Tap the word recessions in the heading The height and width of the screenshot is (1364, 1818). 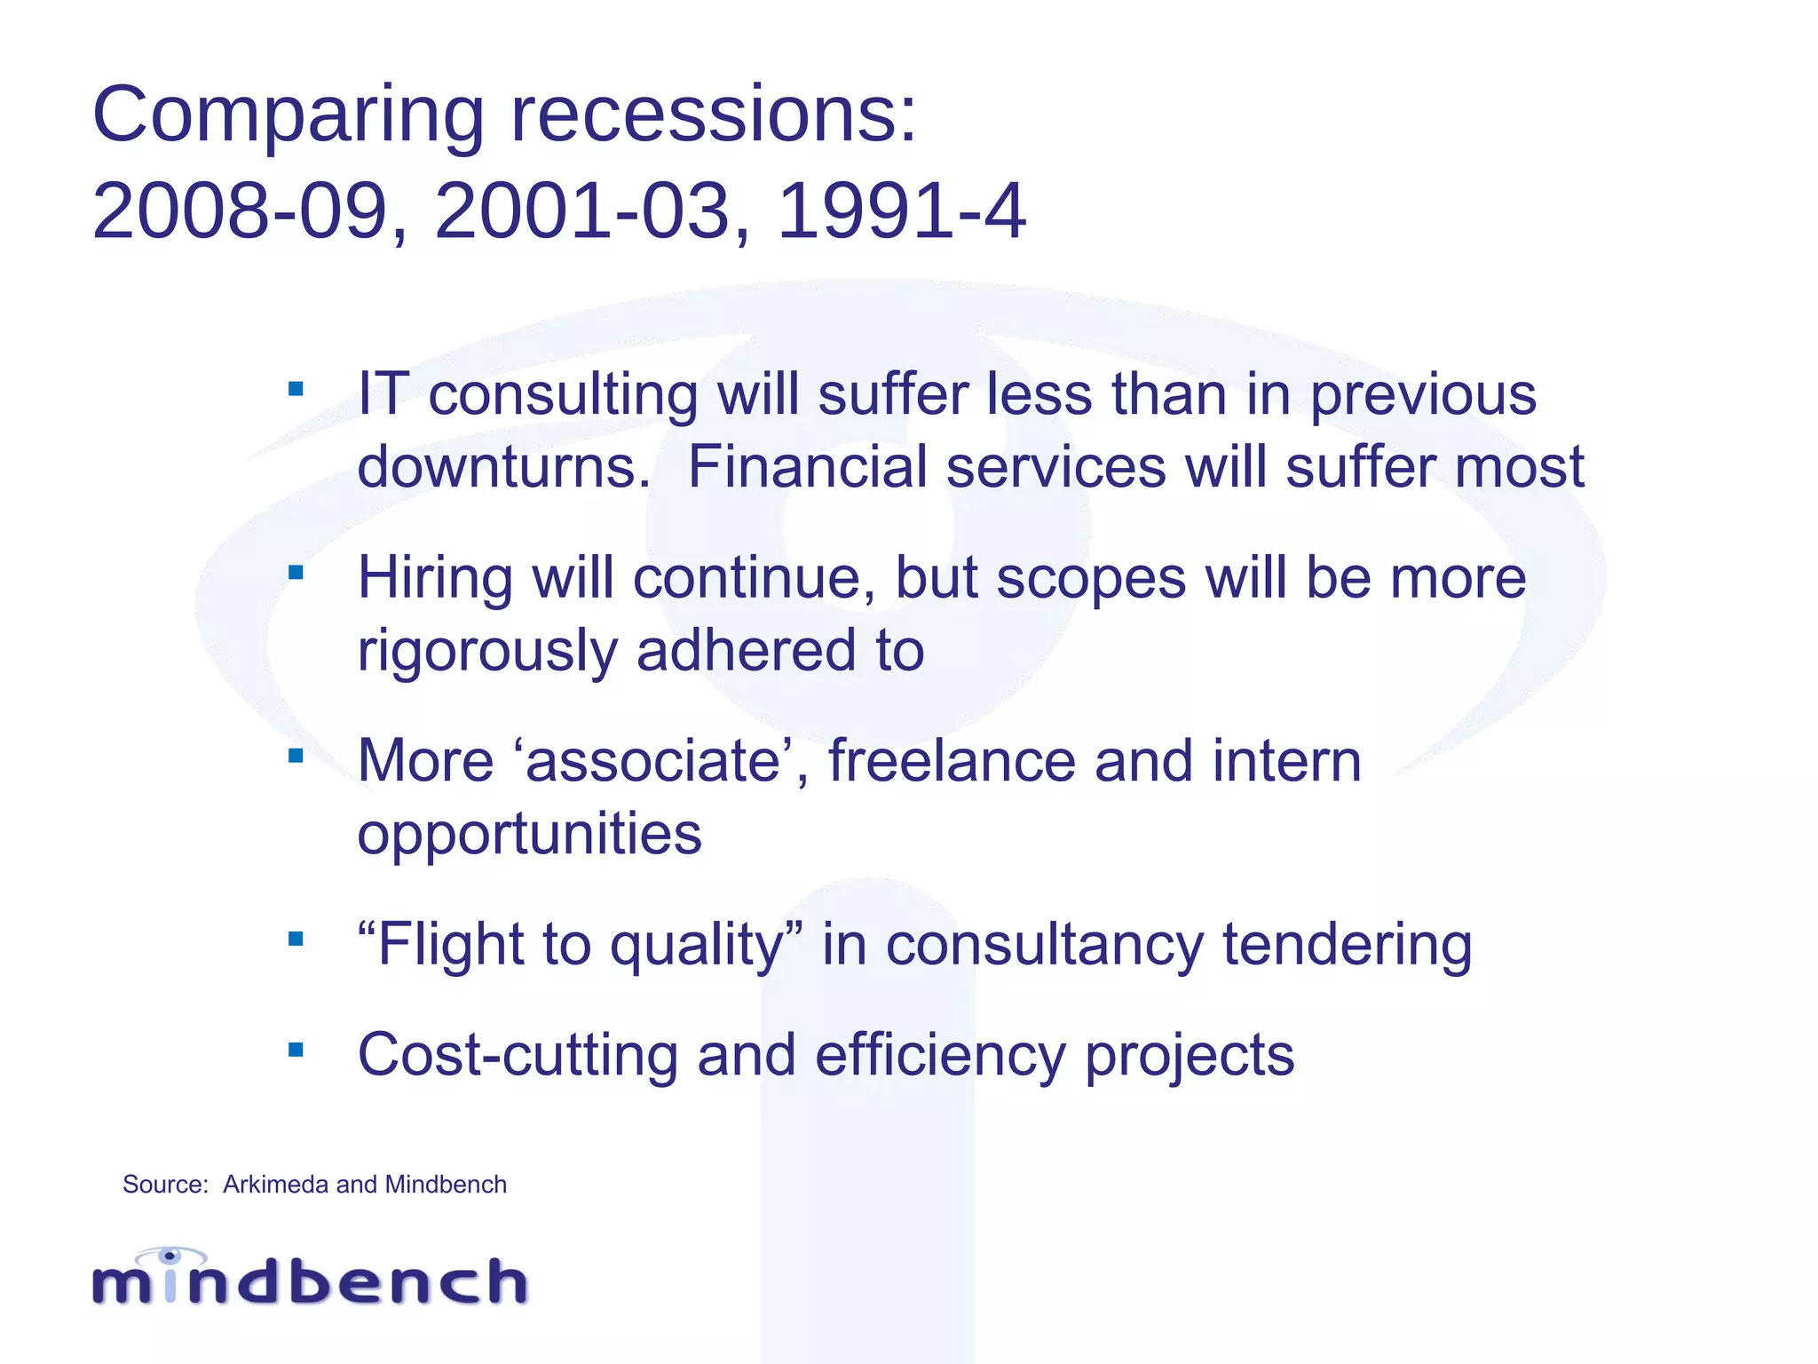pos(714,115)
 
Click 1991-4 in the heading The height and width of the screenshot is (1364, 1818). pos(901,212)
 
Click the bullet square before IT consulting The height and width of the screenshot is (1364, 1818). pos(296,389)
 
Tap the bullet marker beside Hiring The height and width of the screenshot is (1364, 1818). pos(296,573)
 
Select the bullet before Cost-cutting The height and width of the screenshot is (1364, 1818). pos(296,1051)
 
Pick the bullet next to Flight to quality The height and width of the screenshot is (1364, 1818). pos(296,939)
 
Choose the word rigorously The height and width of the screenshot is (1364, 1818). pos(486,651)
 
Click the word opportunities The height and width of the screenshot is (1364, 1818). pos(529,834)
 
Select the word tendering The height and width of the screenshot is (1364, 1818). pos(1347,944)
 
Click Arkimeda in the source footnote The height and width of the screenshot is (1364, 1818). pos(275,1185)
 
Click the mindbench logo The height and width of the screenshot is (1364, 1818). pos(310,1278)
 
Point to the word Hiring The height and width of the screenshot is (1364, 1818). pos(435,579)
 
